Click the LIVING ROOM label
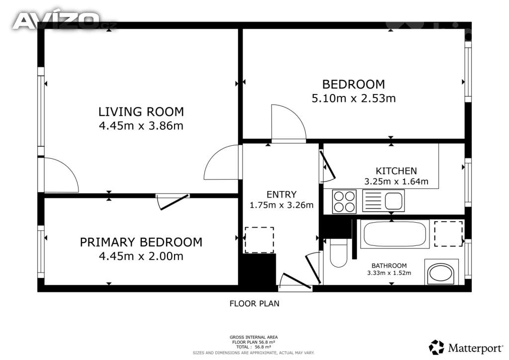tap(141, 112)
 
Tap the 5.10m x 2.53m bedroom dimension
tap(353, 98)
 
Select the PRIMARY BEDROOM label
tap(141, 242)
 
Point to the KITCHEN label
tap(396, 171)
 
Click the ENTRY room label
tap(281, 194)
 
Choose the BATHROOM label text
tap(389, 266)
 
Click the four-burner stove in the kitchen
tap(344, 201)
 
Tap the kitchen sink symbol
tap(383, 200)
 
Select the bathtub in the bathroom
tap(395, 234)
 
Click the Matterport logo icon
tap(436, 348)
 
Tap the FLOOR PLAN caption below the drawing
tap(254, 303)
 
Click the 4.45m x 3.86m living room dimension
tap(141, 126)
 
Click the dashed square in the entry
tap(259, 240)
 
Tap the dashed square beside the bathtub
tap(448, 234)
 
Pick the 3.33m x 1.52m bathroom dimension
tap(389, 273)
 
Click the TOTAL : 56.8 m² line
tap(254, 347)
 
